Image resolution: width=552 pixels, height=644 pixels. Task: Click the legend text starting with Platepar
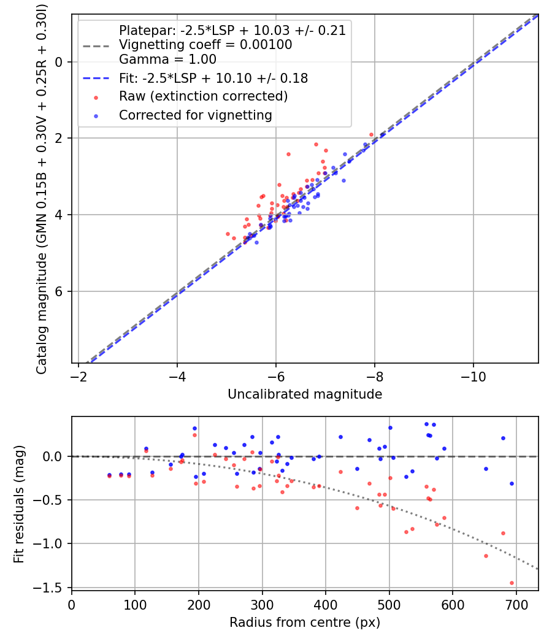click(232, 31)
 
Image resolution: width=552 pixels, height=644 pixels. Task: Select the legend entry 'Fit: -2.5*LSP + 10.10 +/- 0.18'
click(213, 79)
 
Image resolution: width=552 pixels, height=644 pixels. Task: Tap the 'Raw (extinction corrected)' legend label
click(203, 96)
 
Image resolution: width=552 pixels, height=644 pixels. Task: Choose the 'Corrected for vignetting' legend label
click(196, 115)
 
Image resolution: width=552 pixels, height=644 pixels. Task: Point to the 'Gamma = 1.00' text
click(167, 59)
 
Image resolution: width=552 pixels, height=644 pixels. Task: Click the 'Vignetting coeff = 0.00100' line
click(205, 45)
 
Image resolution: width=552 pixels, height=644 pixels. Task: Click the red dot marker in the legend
click(95, 97)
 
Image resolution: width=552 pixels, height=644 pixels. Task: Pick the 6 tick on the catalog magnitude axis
click(59, 291)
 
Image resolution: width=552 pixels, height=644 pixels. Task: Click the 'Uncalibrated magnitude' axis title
click(305, 394)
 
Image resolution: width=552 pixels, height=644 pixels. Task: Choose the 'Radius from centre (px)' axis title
click(305, 623)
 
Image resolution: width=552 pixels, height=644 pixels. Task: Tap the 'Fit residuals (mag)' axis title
click(19, 503)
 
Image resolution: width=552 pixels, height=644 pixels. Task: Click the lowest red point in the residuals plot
click(512, 583)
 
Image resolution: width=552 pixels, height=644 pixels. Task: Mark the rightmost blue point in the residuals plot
click(512, 483)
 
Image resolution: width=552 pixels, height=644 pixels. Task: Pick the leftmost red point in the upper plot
click(228, 234)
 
